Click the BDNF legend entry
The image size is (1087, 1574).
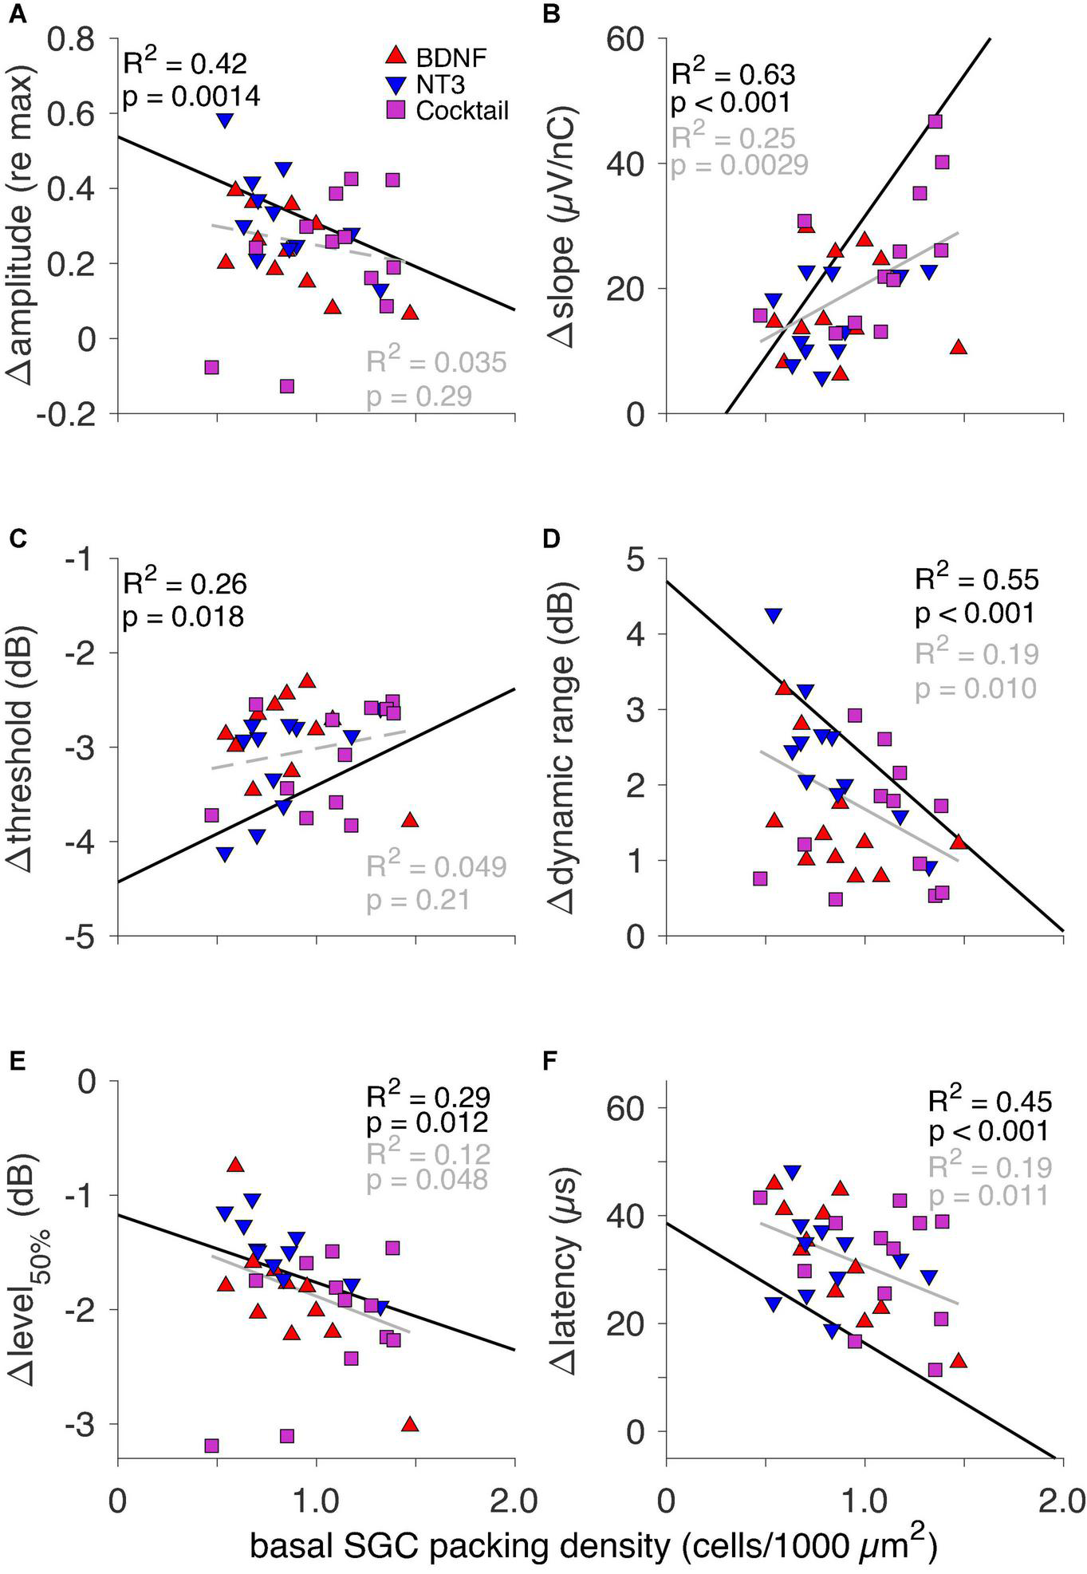436,57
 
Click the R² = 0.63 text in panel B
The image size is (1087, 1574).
733,75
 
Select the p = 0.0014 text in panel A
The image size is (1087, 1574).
191,97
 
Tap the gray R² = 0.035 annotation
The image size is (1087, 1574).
436,362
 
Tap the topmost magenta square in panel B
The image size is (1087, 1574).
935,121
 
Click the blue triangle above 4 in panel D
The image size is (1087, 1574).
772,615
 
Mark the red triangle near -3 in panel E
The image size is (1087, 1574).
410,1424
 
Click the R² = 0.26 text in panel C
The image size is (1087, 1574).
184,584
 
